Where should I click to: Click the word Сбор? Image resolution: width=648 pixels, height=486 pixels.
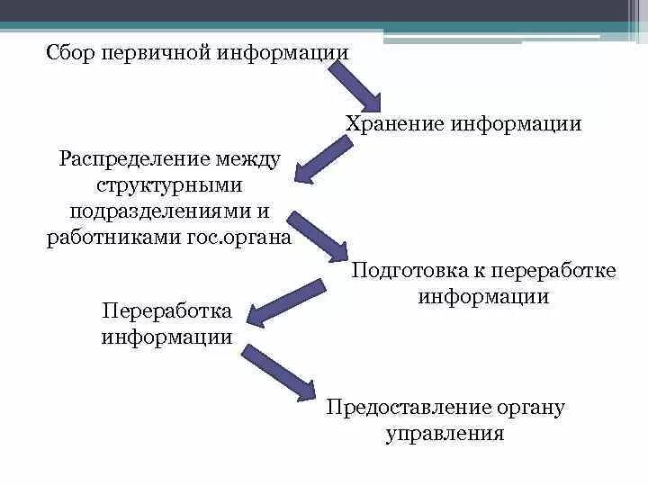pyautogui.click(x=70, y=52)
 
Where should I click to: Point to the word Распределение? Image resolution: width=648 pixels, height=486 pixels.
pyautogui.click(x=133, y=159)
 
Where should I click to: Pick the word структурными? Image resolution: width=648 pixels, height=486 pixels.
pyautogui.click(x=170, y=185)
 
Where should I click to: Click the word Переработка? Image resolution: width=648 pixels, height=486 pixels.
pyautogui.click(x=167, y=311)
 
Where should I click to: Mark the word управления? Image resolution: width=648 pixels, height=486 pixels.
pyautogui.click(x=445, y=434)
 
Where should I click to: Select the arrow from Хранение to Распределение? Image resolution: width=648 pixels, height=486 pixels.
pyautogui.click(x=329, y=158)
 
